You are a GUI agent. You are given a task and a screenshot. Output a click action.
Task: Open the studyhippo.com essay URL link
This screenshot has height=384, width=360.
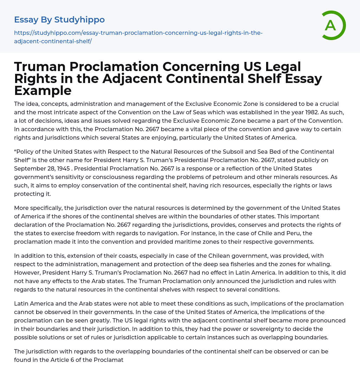pyautogui.click(x=138, y=37)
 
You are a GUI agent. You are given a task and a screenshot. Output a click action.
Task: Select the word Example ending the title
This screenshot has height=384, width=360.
pyautogui.click(x=43, y=91)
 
